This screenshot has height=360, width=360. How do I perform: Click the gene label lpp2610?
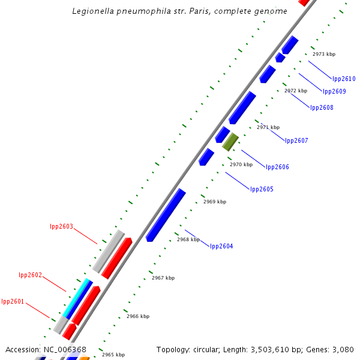point(344,79)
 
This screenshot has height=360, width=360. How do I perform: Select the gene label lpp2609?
point(334,91)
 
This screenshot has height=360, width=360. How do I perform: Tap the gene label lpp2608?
point(322,107)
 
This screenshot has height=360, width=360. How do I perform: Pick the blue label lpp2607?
point(296,140)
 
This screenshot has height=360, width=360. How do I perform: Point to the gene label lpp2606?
point(277,167)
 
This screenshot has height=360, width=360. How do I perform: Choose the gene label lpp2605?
point(262,189)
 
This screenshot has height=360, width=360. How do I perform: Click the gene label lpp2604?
point(221,246)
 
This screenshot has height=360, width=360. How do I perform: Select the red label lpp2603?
point(61,226)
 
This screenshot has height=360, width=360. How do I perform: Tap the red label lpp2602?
point(30,275)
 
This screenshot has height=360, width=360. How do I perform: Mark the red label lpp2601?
point(13,301)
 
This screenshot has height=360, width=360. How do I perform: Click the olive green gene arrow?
point(230,142)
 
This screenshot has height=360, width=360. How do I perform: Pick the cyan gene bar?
point(77,298)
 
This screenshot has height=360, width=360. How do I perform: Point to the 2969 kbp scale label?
point(214,202)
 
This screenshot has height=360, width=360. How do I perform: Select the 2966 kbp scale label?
point(137,316)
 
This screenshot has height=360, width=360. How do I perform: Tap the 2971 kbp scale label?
point(268,127)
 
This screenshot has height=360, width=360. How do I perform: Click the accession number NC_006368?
point(63,349)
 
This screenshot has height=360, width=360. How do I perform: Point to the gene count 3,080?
point(342,349)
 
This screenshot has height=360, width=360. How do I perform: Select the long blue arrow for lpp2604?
point(166,215)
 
